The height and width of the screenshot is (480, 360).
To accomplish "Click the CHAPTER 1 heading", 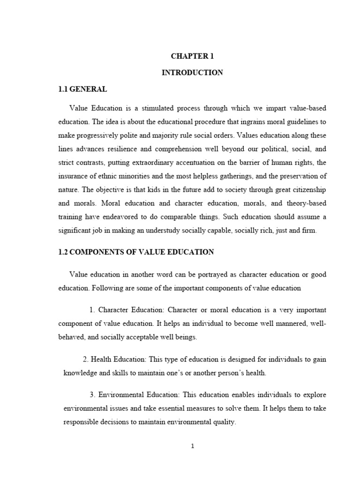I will tap(192, 56).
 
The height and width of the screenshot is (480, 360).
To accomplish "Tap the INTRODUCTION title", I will tap(192, 73).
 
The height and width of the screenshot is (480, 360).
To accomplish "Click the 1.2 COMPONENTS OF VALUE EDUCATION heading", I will tap(136, 252).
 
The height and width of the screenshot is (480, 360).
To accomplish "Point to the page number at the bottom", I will tap(192, 446).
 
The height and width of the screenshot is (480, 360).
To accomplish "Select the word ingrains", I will tap(235, 122).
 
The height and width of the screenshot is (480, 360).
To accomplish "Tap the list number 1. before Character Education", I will tap(92, 310).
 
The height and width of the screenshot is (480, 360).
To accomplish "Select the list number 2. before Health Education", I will tap(86, 359).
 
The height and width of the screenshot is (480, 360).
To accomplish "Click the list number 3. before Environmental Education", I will tap(92, 395).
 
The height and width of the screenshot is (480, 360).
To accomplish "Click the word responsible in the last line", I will tap(81, 422).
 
